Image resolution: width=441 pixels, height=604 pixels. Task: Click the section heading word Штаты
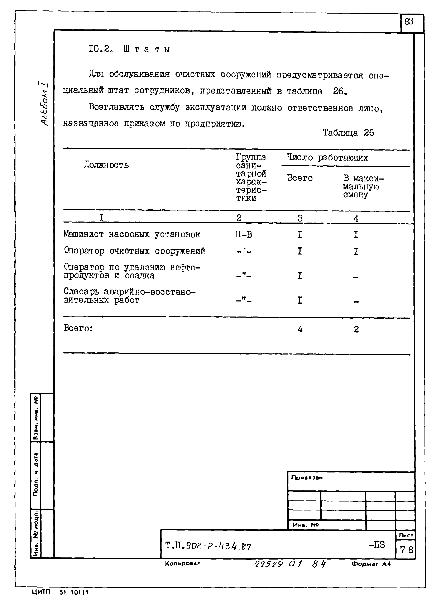[x=147, y=49]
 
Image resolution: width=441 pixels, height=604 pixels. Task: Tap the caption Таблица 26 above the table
[x=348, y=132]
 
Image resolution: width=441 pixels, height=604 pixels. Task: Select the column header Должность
[x=106, y=165]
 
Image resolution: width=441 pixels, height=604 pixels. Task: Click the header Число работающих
[x=327, y=158]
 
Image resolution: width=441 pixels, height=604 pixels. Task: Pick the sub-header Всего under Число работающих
[x=299, y=178]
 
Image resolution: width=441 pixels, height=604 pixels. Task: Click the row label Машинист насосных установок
[x=132, y=234]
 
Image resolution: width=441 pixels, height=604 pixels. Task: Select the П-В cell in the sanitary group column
[x=243, y=234]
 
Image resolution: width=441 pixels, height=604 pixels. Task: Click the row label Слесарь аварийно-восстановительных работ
[x=129, y=296]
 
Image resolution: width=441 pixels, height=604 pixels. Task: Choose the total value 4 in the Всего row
[x=300, y=329]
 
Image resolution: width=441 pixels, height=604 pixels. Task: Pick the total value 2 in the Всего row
[x=356, y=329]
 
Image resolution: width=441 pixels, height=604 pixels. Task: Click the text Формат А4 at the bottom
[x=371, y=564]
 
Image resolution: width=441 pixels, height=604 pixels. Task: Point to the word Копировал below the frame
[x=183, y=563]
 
